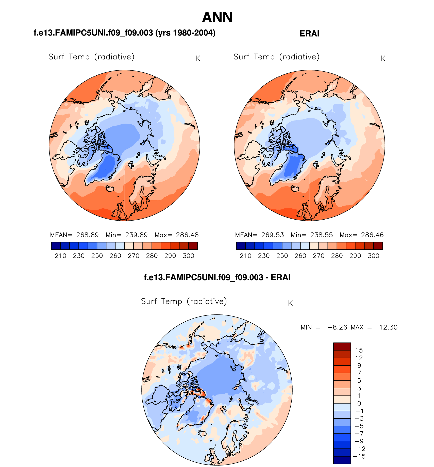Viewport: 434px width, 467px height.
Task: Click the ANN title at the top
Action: (x=217, y=17)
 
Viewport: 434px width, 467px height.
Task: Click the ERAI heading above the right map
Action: (x=309, y=34)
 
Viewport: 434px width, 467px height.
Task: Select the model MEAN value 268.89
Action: (x=87, y=235)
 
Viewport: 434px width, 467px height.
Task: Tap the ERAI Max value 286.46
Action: (x=372, y=235)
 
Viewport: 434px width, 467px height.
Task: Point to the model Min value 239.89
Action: (x=136, y=235)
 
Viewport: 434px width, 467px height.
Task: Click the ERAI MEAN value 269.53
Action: (x=272, y=235)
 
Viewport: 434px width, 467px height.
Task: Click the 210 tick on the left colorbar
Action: (x=60, y=256)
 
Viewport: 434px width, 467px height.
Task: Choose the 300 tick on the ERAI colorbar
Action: (x=373, y=256)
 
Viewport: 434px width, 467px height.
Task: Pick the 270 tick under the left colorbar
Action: (x=133, y=256)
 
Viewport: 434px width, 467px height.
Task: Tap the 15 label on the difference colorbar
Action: (x=359, y=350)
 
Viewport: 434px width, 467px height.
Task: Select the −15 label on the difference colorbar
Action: (x=359, y=456)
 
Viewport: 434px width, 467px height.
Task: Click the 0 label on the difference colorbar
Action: (x=359, y=403)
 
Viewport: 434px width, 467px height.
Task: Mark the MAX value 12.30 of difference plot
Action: (x=388, y=327)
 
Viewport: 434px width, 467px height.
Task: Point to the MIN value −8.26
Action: (x=337, y=327)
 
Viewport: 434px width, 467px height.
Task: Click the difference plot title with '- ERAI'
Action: (x=217, y=277)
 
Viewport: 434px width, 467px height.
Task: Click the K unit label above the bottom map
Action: (x=290, y=303)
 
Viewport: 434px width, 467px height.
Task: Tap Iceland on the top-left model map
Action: (x=110, y=189)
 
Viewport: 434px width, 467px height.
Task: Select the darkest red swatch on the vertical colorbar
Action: (x=342, y=346)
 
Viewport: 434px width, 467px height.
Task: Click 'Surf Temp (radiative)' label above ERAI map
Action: (x=276, y=57)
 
